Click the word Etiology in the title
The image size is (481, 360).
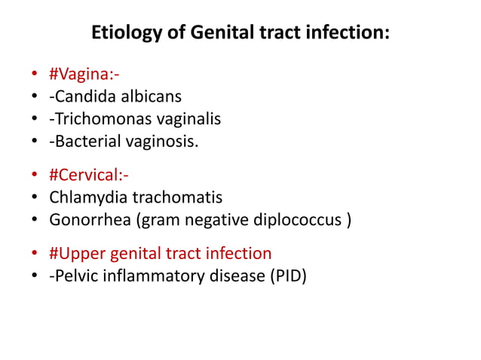(120, 34)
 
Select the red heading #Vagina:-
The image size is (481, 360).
(84, 75)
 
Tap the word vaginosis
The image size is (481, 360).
(166, 139)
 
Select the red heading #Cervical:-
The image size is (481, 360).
(89, 176)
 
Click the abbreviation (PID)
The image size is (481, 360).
(286, 275)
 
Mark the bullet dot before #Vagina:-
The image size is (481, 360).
(35, 76)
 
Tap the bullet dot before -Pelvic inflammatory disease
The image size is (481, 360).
(35, 276)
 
